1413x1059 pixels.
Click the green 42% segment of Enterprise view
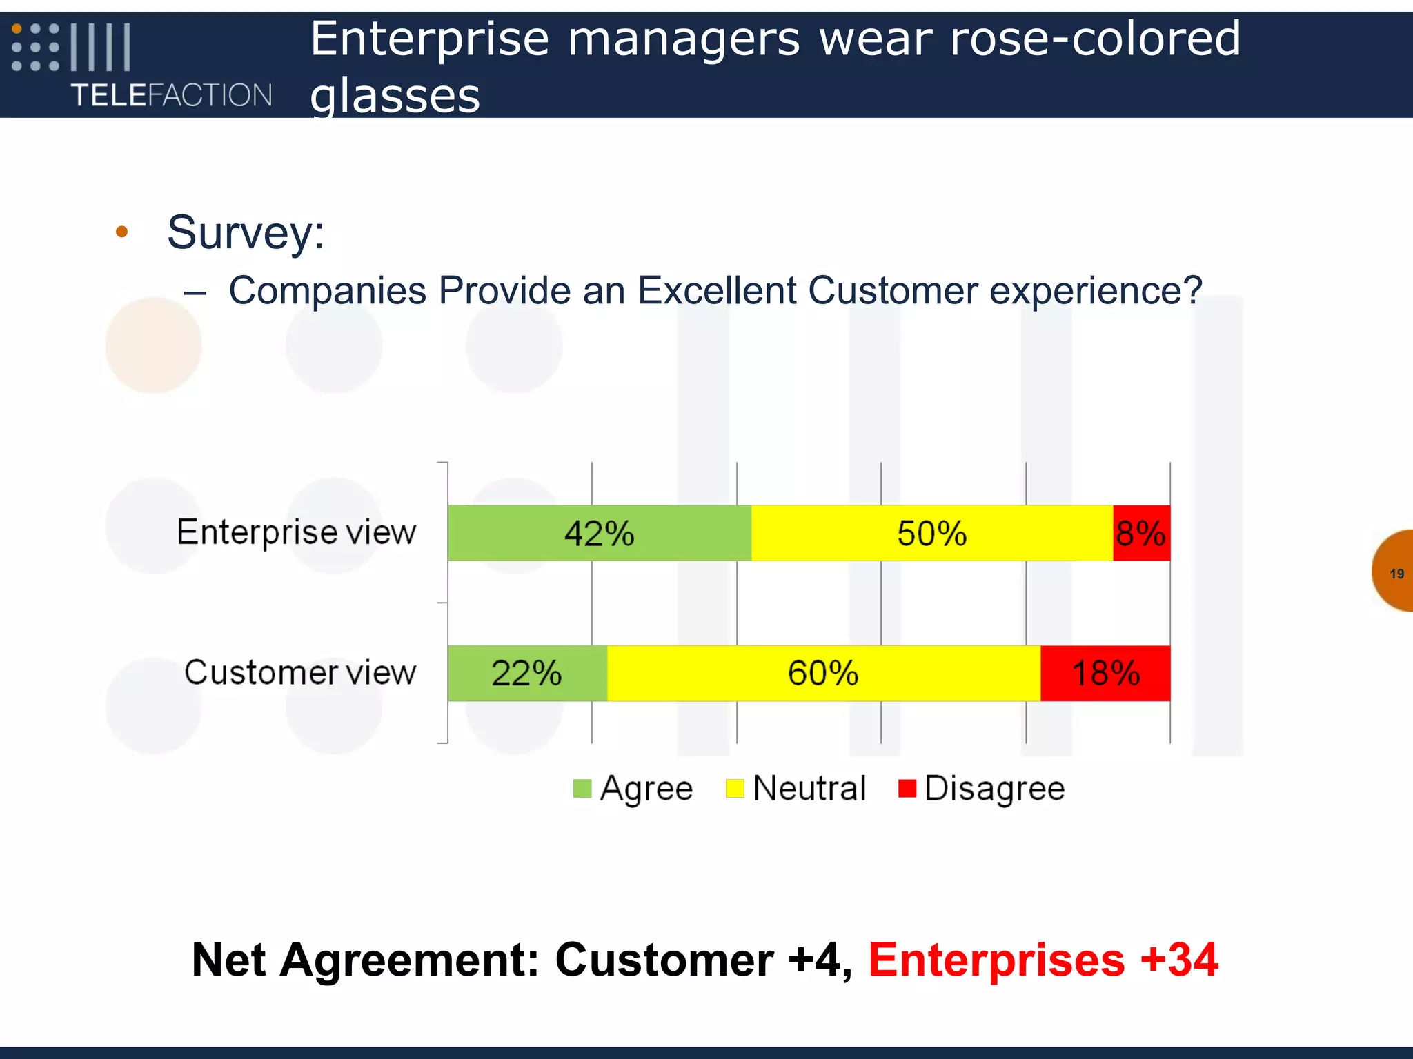pyautogui.click(x=599, y=533)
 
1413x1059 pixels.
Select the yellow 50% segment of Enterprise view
pyautogui.click(x=931, y=533)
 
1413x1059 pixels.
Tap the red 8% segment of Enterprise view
pyautogui.click(x=1141, y=533)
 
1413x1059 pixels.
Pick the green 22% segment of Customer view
pyautogui.click(x=526, y=673)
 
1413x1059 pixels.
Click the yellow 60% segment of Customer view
pyautogui.click(x=823, y=673)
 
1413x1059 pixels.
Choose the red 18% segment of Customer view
pyautogui.click(x=1105, y=673)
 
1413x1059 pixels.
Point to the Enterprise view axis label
pyautogui.click(x=297, y=532)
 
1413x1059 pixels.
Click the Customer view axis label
pyautogui.click(x=300, y=672)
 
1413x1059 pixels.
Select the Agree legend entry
pyautogui.click(x=633, y=788)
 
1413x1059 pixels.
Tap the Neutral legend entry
pyautogui.click(x=796, y=788)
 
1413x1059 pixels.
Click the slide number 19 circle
pyautogui.click(x=1395, y=572)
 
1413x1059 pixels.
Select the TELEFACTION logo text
pyautogui.click(x=172, y=95)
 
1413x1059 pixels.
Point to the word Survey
pyautogui.click(x=246, y=232)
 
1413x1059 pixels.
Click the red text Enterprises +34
pyautogui.click(x=1043, y=960)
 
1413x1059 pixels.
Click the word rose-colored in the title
pyautogui.click(x=1095, y=39)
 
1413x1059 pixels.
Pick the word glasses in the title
pyautogui.click(x=395, y=95)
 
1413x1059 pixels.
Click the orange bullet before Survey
pyautogui.click(x=122, y=232)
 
